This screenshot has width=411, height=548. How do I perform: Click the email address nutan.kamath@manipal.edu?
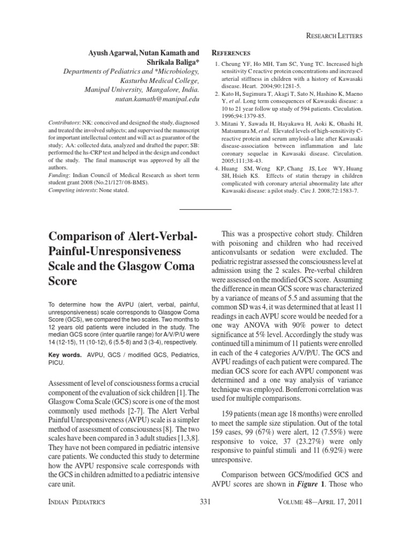155,99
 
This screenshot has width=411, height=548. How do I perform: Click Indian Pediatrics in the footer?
77,501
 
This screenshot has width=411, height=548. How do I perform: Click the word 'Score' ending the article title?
63,281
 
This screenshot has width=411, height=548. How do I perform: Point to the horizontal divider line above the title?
205,208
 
